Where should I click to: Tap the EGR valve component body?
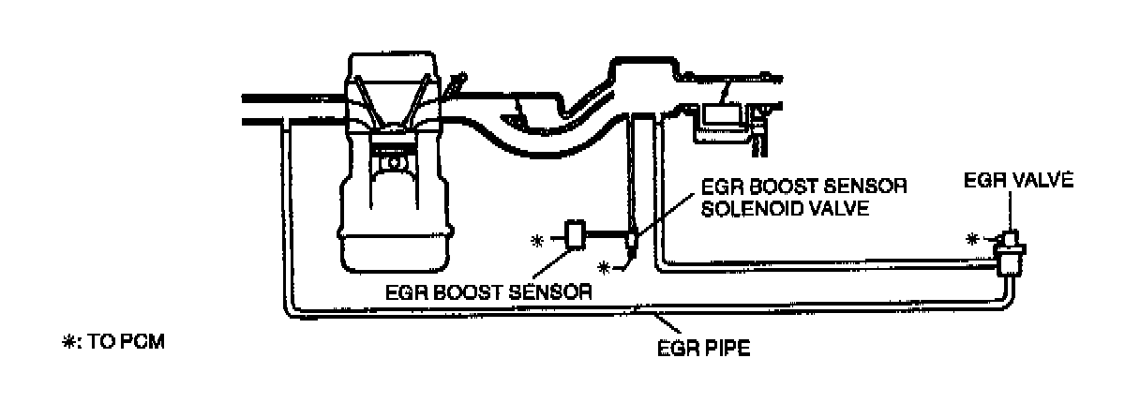point(1009,251)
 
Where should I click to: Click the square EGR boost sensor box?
point(575,233)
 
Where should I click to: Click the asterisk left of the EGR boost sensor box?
point(537,240)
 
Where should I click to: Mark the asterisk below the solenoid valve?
point(606,268)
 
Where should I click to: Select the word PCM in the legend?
point(145,343)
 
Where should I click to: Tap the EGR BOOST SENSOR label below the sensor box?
point(488,291)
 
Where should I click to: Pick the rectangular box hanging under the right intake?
point(722,116)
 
